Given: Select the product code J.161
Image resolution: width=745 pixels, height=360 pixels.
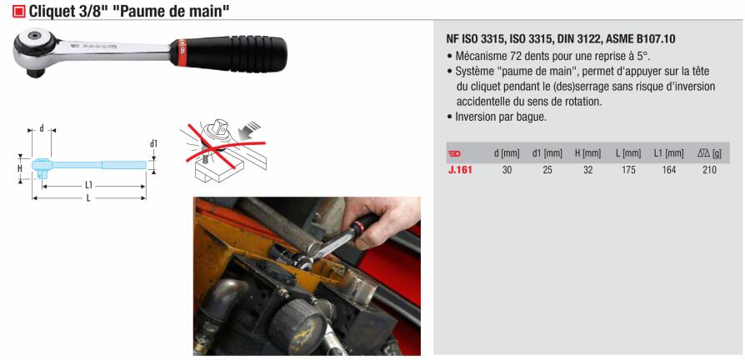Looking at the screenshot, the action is [x=460, y=169].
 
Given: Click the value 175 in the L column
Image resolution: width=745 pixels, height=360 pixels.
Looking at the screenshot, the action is [x=628, y=169].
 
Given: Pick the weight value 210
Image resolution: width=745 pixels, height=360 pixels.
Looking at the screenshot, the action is [x=709, y=169].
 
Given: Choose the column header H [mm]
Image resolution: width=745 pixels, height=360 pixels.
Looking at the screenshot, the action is [x=587, y=153].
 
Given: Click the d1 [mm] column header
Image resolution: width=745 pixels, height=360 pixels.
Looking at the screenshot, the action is [x=547, y=153].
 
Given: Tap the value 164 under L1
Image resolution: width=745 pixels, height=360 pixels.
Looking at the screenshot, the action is [x=668, y=169].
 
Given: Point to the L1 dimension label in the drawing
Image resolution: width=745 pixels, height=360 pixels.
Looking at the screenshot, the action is [x=88, y=186].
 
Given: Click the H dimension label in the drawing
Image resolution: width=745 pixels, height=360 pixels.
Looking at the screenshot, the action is [x=20, y=168].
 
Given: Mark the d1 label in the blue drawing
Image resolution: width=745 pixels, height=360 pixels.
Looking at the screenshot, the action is [x=153, y=143].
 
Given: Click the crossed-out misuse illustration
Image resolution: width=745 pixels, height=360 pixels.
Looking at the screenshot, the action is [x=222, y=152].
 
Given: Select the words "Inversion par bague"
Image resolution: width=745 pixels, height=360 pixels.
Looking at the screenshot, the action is [x=501, y=117].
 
